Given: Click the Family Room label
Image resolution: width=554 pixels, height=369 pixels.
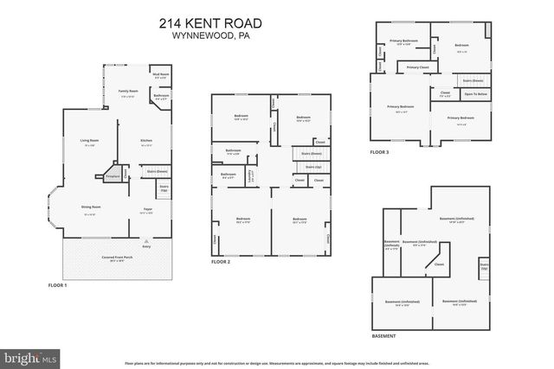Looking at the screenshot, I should point(127,92).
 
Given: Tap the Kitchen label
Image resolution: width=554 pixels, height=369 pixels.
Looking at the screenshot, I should point(147,142).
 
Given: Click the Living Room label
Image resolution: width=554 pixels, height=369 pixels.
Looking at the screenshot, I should point(88,142).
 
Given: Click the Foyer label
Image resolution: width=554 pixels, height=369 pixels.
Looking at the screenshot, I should point(148,208).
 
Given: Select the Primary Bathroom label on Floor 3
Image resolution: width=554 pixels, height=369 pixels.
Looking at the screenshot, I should point(403,41).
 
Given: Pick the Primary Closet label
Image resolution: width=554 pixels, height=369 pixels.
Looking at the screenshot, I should point(418,67).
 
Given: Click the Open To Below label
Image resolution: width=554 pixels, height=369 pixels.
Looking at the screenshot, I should point(475,92).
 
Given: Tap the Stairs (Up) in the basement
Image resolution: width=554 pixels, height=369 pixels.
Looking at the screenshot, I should point(483,266).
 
